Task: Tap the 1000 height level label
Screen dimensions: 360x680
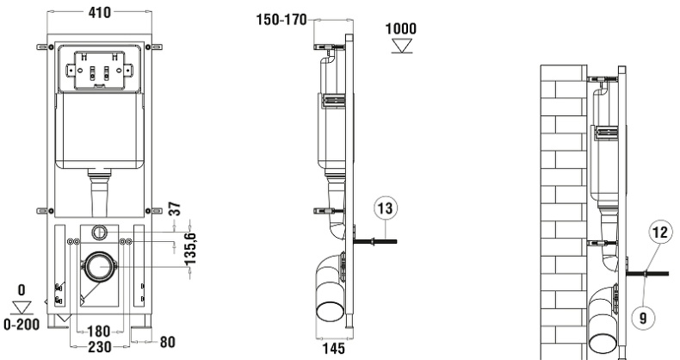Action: click(400, 28)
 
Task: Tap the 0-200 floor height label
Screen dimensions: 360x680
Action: click(21, 325)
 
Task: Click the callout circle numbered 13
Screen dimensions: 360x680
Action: click(384, 208)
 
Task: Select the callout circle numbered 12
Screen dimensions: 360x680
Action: click(658, 232)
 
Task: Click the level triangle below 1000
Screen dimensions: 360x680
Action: click(400, 45)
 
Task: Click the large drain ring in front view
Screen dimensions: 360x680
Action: click(100, 267)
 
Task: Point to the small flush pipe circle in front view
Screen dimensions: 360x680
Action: click(100, 232)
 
